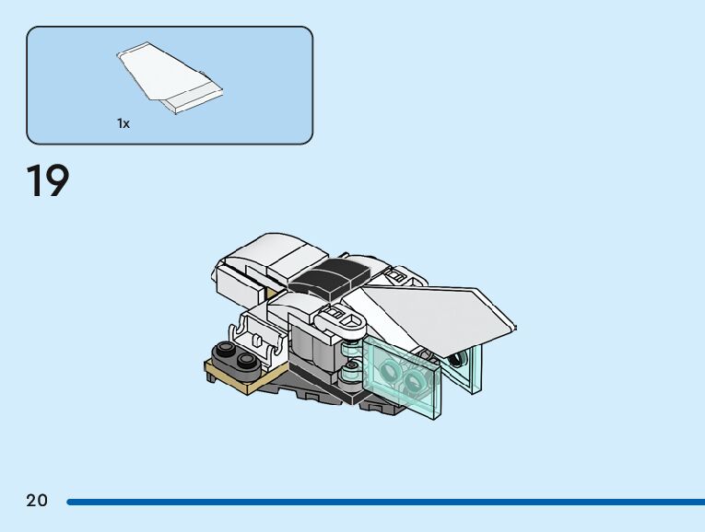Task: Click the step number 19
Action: tap(48, 181)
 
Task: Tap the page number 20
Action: tap(37, 501)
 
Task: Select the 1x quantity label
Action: tap(123, 123)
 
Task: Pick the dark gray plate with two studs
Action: tap(234, 356)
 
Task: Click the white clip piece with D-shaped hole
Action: tap(343, 321)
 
